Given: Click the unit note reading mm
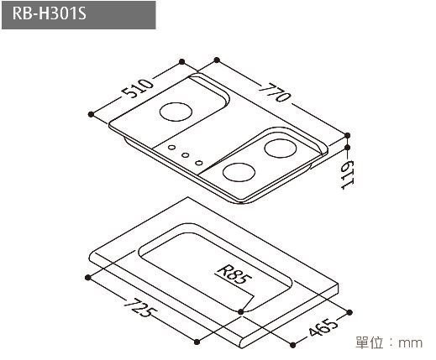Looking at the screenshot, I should [411, 342].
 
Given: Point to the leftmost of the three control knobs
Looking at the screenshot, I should [173, 148].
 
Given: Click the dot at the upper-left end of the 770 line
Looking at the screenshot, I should [216, 60].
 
